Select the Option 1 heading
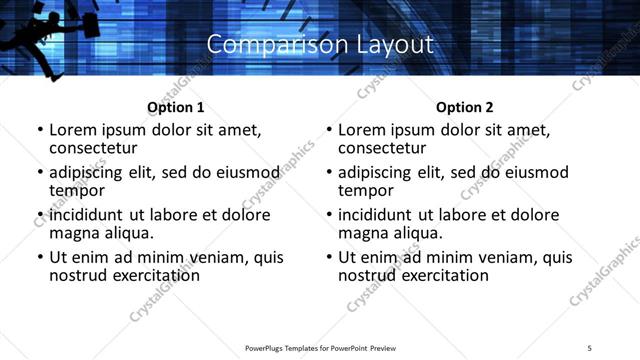[x=175, y=107]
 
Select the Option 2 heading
[x=465, y=107]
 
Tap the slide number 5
[x=590, y=347]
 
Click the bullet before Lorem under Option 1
[x=39, y=130]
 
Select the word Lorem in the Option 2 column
[x=362, y=130]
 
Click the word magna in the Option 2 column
[x=362, y=232]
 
